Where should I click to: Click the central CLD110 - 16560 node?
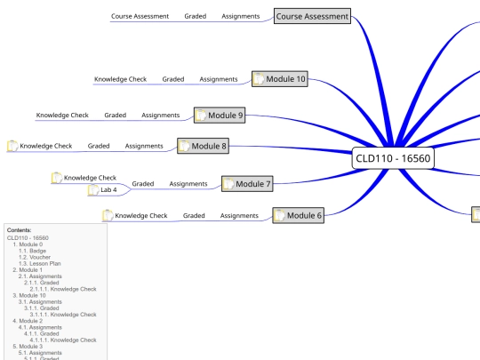pos(393,158)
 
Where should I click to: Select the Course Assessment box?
pos(312,16)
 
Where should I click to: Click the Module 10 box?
pos(280,79)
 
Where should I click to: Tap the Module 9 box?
pos(220,116)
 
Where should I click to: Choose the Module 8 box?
pos(203,146)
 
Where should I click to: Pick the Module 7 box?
pos(247,184)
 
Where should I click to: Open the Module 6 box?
pos(298,215)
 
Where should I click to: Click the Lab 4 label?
pos(108,190)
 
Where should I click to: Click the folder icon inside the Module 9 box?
pos(201,116)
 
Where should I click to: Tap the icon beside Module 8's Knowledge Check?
pos(12,146)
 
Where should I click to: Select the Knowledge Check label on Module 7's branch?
pos(90,178)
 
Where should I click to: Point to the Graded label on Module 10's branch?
pos(173,79)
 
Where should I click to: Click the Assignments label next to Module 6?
pos(239,216)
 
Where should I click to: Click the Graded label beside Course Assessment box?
pos(196,16)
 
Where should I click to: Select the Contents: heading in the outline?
pos(19,230)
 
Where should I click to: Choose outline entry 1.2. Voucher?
pos(35,257)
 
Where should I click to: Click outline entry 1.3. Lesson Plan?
pos(40,264)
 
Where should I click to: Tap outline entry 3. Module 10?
pos(29,295)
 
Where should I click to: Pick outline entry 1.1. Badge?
pos(33,251)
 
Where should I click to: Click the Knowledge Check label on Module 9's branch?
pos(62,116)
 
